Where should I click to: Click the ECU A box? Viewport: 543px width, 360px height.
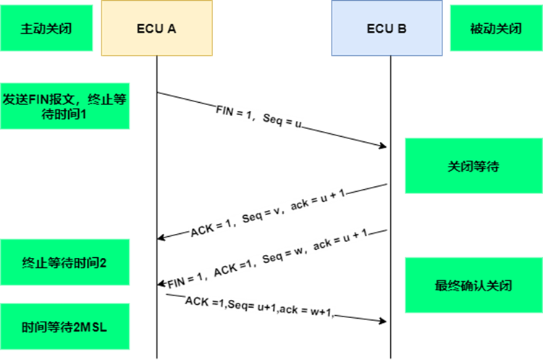coord(157,28)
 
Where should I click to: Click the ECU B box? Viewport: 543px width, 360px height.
coord(387,28)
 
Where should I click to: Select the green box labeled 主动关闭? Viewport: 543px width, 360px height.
coord(46,28)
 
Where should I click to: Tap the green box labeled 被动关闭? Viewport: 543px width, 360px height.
coord(496,28)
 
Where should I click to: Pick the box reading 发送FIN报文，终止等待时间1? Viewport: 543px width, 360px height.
coord(64,106)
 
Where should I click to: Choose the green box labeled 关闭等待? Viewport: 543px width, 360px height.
coord(473,166)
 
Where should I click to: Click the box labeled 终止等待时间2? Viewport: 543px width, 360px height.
coord(64,262)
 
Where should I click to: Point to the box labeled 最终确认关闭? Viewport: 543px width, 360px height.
coord(473,285)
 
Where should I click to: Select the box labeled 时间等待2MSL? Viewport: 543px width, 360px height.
coord(64,327)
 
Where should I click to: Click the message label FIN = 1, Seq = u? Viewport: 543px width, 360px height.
coord(258,117)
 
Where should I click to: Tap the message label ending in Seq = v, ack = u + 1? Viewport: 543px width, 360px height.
coord(268,212)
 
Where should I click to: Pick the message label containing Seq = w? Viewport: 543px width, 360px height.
coord(268,258)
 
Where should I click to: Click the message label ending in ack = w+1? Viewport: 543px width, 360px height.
coord(259,306)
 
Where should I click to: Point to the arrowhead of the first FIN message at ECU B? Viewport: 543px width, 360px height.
coord(383,146)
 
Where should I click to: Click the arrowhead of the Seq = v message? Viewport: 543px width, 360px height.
coord(161,238)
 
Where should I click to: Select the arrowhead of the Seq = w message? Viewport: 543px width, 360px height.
coord(161,283)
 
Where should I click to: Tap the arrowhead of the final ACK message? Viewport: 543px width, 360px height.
coord(383,321)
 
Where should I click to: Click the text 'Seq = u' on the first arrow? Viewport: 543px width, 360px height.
coord(282,120)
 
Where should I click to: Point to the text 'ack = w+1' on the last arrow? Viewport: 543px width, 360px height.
coord(307,311)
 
